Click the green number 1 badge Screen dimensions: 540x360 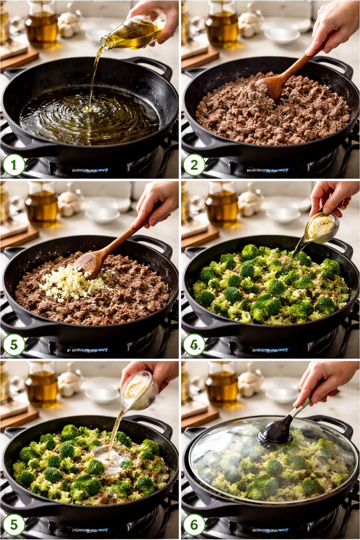[x=14, y=165]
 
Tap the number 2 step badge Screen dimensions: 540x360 [x=194, y=165]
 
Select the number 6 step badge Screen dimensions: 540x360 [x=194, y=525]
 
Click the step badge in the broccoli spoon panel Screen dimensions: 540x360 [x=194, y=345]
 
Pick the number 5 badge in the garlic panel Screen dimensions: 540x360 [x=14, y=345]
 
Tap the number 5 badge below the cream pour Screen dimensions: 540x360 [x=14, y=525]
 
